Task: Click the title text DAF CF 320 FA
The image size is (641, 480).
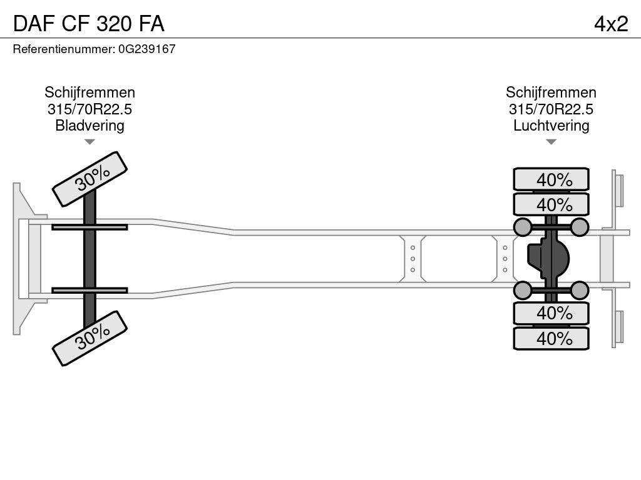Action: pyautogui.click(x=89, y=23)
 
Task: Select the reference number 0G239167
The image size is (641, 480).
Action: pyautogui.click(x=146, y=49)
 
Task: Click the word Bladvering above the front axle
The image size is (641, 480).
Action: pyautogui.click(x=90, y=126)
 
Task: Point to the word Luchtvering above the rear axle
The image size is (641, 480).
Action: pyautogui.click(x=551, y=126)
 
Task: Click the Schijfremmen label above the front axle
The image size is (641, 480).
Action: pyautogui.click(x=90, y=93)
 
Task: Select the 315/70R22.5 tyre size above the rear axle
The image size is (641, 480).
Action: pyautogui.click(x=551, y=109)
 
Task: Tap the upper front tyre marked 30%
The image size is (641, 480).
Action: pyautogui.click(x=90, y=179)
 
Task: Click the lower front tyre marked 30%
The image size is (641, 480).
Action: pyautogui.click(x=90, y=339)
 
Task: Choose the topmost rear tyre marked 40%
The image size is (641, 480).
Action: pyautogui.click(x=551, y=179)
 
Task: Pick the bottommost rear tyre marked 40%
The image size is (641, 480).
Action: pyautogui.click(x=551, y=339)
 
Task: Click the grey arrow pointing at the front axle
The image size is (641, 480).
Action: pyautogui.click(x=90, y=142)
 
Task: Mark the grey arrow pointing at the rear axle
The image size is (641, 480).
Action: pyautogui.click(x=551, y=142)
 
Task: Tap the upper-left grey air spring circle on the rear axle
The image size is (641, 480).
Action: pyautogui.click(x=521, y=226)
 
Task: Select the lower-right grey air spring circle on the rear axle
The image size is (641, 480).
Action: pyautogui.click(x=580, y=290)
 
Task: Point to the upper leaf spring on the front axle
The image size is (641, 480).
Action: pyautogui.click(x=90, y=227)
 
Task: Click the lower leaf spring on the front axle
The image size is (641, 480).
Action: pyautogui.click(x=90, y=290)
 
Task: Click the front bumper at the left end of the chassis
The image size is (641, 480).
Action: pyautogui.click(x=23, y=258)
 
